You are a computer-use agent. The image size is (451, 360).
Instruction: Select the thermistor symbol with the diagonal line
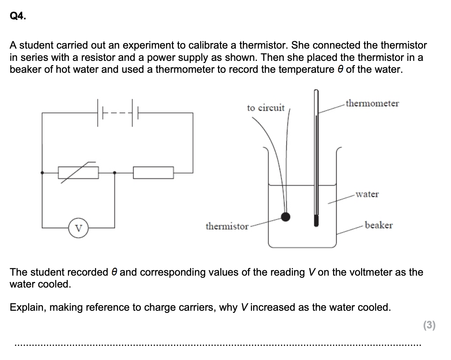tap(78, 173)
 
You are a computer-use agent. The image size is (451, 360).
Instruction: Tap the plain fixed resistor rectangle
tap(153, 173)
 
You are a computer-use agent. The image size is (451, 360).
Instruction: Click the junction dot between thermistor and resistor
tap(115, 173)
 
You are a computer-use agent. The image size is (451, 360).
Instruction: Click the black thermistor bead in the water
tap(285, 217)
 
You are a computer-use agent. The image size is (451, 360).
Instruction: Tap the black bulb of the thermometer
tap(316, 221)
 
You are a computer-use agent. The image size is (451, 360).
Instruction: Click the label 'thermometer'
tap(372, 103)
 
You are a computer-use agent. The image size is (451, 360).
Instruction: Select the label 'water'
tap(367, 194)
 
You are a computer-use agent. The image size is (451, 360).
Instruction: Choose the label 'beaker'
tap(379, 225)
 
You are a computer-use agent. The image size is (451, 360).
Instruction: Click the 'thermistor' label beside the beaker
tap(227, 226)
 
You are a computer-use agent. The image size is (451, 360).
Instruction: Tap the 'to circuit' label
tap(266, 108)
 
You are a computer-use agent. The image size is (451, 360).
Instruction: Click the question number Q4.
tap(18, 16)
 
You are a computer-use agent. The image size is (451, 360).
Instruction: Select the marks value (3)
tap(429, 325)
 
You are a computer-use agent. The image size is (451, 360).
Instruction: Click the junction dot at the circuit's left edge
tap(42, 173)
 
